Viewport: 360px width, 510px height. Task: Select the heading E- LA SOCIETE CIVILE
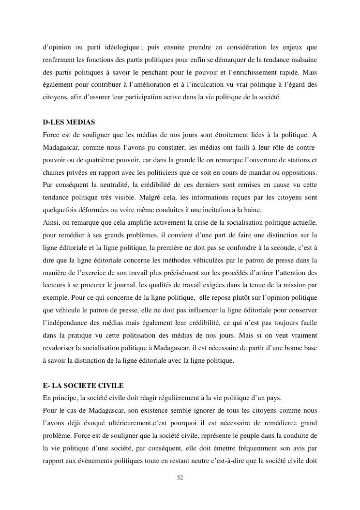(83, 386)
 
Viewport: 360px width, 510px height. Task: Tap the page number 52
(180, 478)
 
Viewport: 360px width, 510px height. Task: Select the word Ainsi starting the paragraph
(50, 223)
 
